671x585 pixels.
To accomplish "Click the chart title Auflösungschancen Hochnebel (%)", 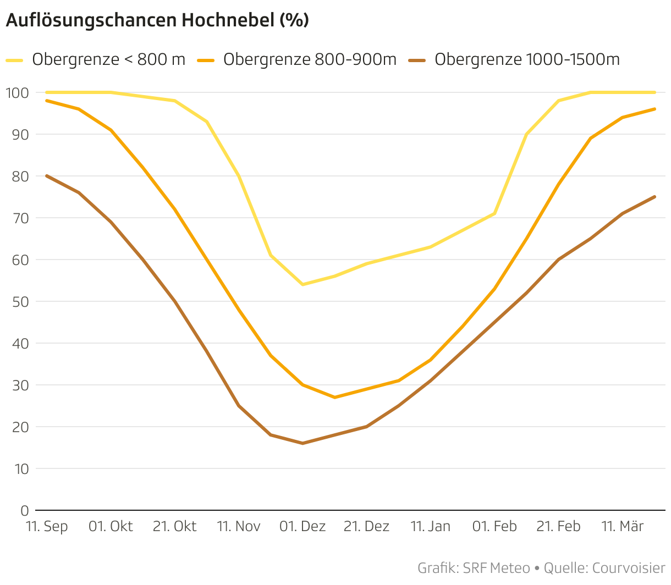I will click(x=157, y=20).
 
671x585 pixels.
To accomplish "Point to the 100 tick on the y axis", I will click(x=17, y=92).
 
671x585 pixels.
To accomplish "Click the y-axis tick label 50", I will click(x=20, y=301).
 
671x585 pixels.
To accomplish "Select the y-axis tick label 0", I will click(x=25, y=511).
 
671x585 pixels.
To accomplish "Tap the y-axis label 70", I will click(x=20, y=218).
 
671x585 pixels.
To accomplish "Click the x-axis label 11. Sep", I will click(x=47, y=527).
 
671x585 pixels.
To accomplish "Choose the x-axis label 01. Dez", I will click(x=302, y=527).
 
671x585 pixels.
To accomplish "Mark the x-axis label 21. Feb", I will click(x=558, y=527).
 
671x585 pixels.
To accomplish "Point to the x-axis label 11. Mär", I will click(x=622, y=527).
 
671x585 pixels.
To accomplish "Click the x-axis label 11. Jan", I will click(x=430, y=527).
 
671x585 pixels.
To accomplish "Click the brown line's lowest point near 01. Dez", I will click(x=302, y=443).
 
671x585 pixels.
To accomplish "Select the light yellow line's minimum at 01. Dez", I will click(x=302, y=284).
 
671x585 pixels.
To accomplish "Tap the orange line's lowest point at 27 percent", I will click(x=334, y=397).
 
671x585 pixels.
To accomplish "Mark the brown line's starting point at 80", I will click(x=47, y=176).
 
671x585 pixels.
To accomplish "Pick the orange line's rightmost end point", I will click(x=654, y=109).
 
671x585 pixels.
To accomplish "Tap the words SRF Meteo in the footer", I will click(x=496, y=568).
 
